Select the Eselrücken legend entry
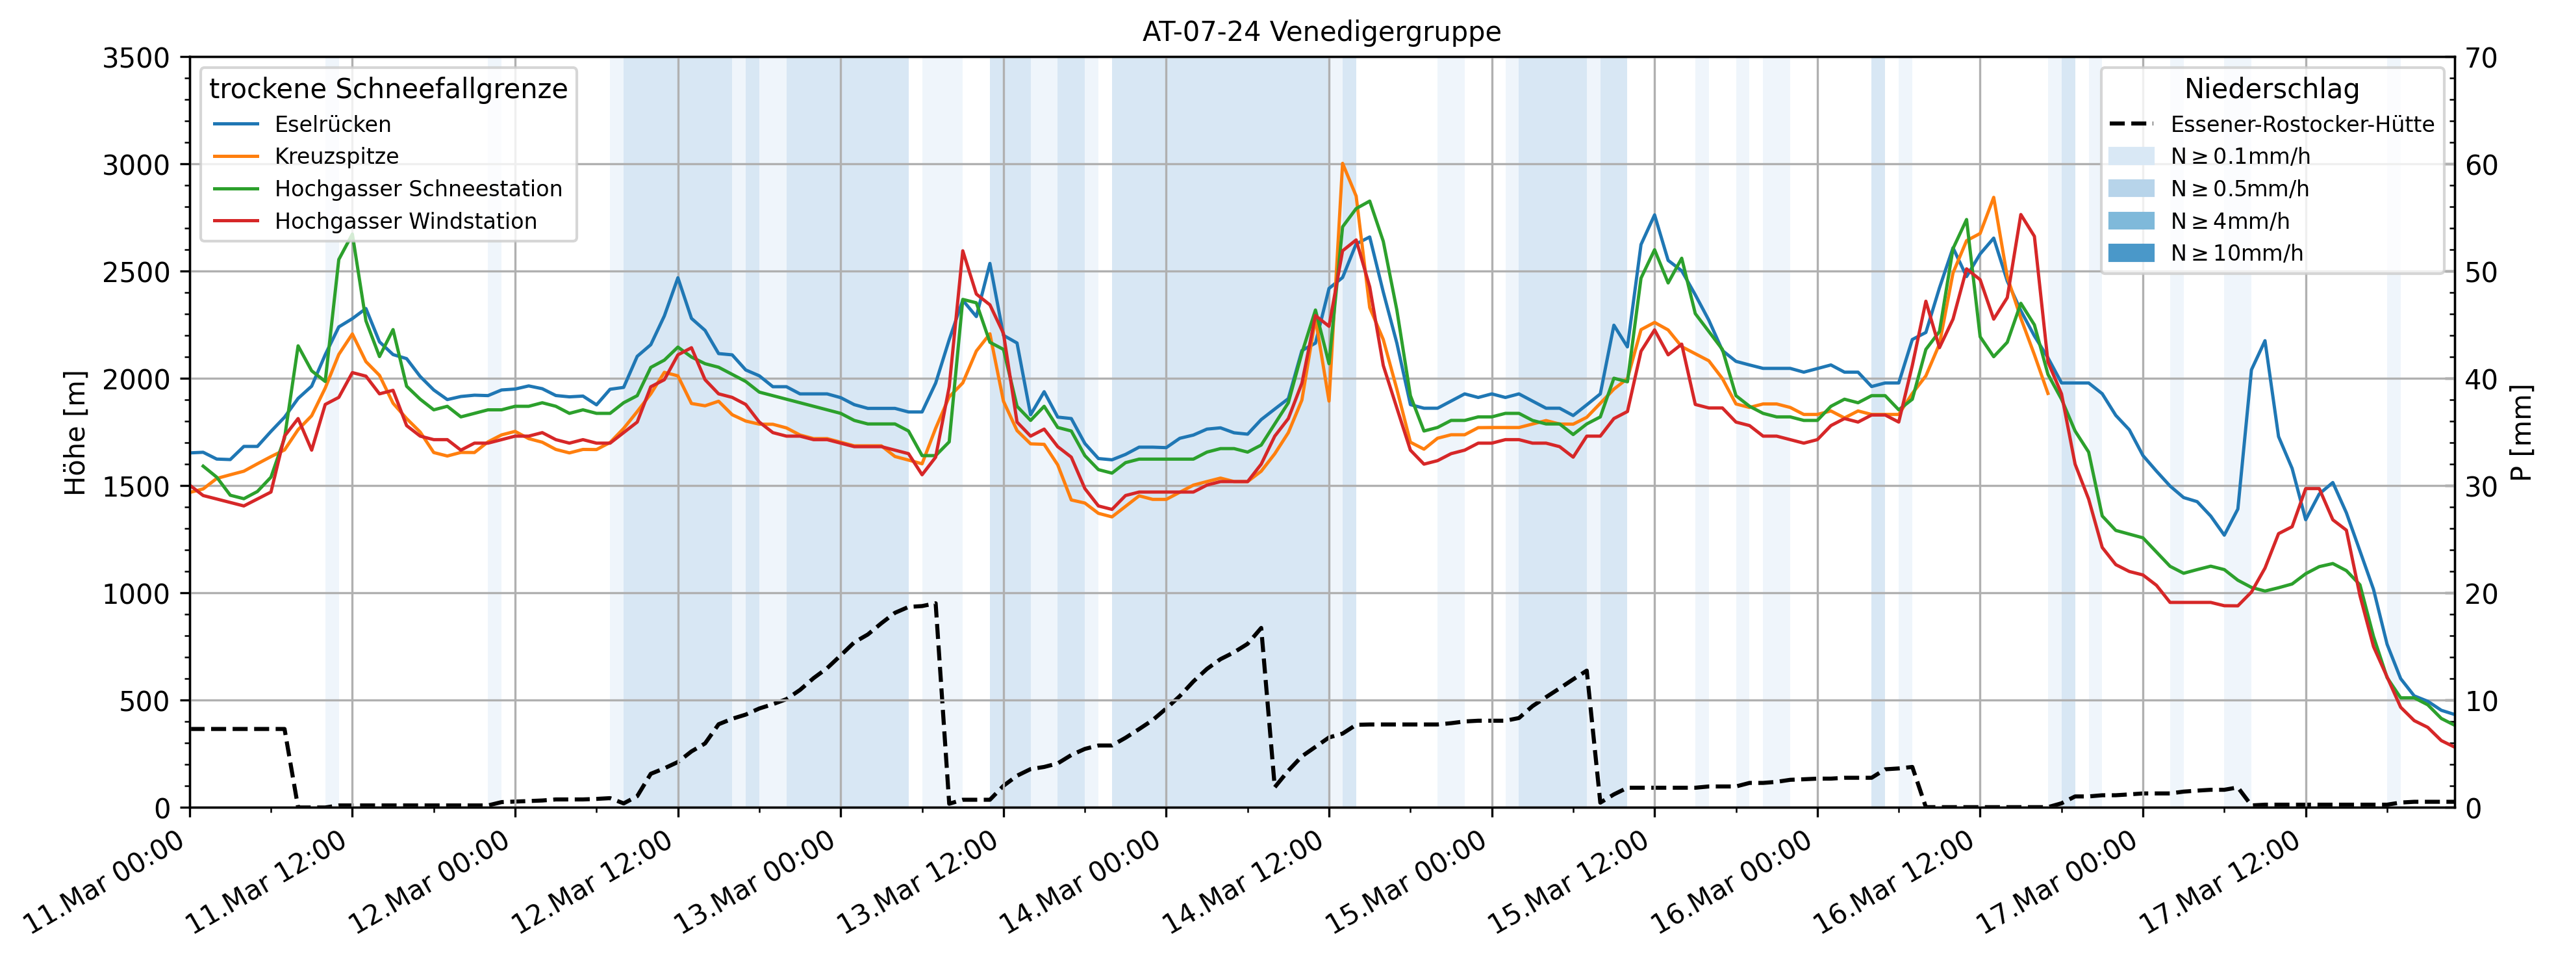tap(333, 124)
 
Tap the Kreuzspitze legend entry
tap(336, 156)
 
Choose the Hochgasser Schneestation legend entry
tap(418, 188)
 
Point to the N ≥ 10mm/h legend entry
tap(2236, 253)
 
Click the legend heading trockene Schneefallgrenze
tap(388, 89)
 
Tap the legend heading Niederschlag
tap(2271, 89)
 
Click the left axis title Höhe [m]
tap(75, 433)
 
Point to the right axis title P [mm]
tap(2522, 433)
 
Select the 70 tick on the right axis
tap(2481, 58)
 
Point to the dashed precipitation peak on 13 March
tap(933, 603)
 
